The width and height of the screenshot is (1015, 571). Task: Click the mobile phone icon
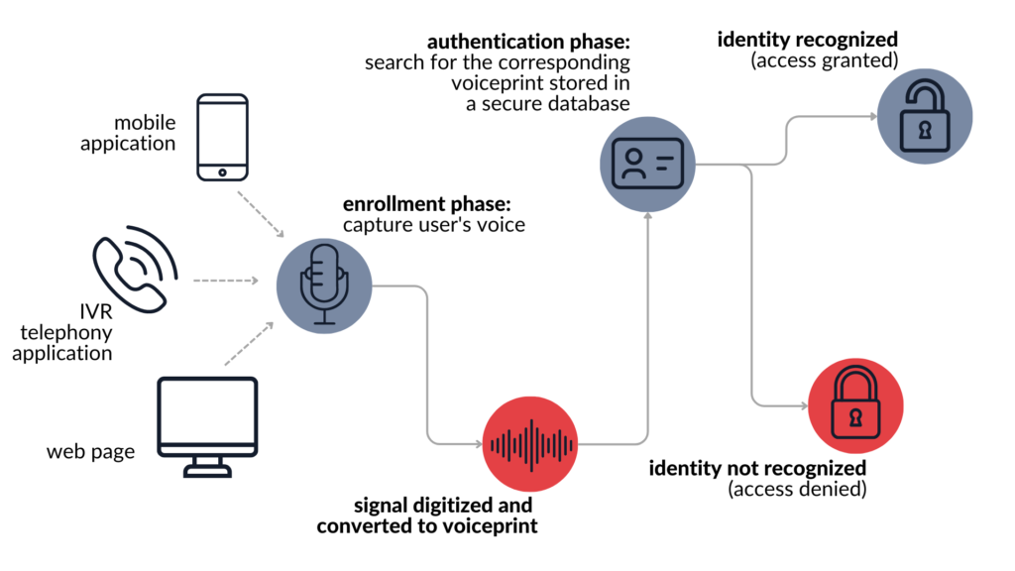[222, 137]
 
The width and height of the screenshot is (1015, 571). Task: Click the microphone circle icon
[323, 286]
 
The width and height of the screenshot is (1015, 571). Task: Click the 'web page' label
[90, 452]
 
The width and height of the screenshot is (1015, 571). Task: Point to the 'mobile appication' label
[145, 133]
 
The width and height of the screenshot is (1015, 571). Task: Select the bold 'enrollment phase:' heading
[426, 204]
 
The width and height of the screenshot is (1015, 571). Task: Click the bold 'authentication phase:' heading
[528, 43]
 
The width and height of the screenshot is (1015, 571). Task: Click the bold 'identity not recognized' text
[757, 468]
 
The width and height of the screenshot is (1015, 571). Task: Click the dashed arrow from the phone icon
[261, 214]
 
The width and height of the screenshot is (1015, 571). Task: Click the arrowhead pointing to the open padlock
[872, 116]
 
